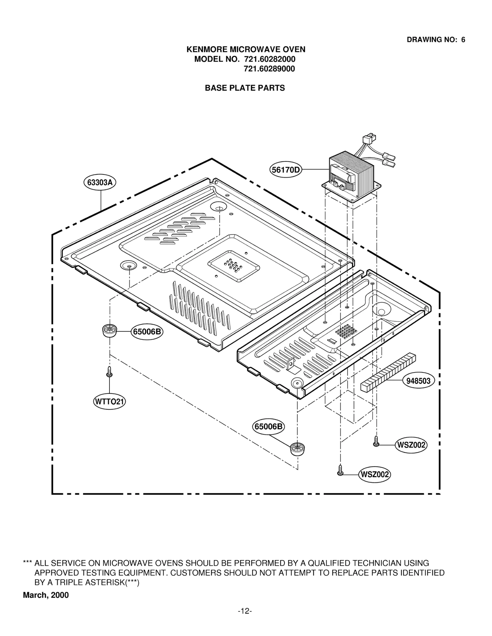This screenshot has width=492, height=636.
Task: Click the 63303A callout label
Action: coord(100,183)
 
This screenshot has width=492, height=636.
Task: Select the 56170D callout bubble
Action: coord(285,169)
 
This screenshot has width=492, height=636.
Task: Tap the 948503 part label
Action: coord(418,381)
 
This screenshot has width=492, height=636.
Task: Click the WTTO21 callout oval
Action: coord(109,402)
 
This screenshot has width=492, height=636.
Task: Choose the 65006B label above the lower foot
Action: coord(268,426)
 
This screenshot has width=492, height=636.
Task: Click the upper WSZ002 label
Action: coord(411,445)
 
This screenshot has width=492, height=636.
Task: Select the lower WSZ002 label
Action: coord(374,475)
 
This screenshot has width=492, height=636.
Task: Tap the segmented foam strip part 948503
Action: coord(388,373)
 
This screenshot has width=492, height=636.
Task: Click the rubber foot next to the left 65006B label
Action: coord(109,331)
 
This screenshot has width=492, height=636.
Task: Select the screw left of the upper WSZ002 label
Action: coord(376,441)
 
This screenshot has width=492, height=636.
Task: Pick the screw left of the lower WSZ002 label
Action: coord(340,471)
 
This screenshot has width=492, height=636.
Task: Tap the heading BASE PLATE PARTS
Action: coord(245,88)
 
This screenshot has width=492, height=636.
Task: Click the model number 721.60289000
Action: coord(269,69)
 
